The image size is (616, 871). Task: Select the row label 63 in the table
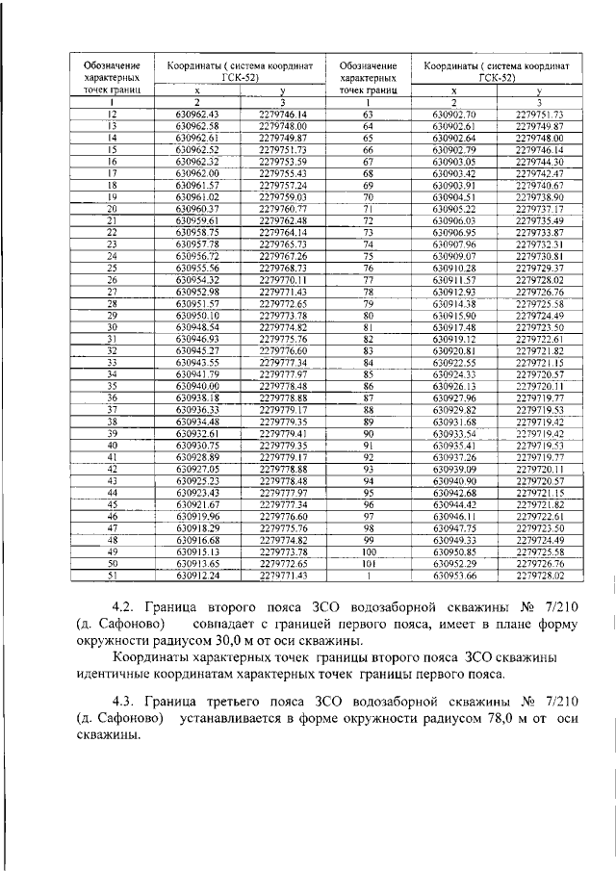tap(367, 114)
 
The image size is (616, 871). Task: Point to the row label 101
tap(367, 564)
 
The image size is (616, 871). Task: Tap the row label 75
tap(367, 256)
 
